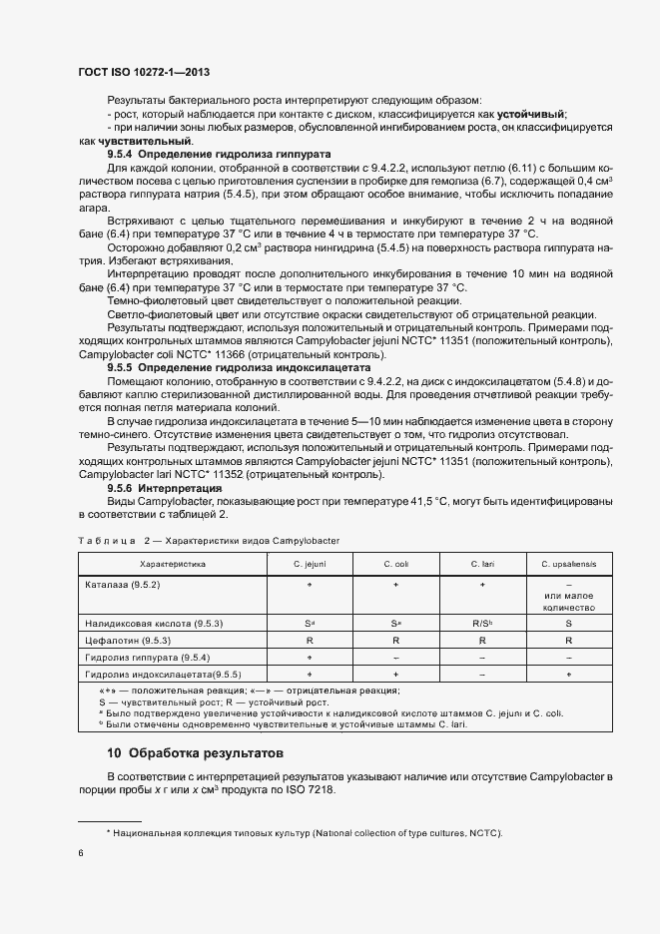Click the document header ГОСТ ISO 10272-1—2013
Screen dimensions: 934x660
click(x=143, y=73)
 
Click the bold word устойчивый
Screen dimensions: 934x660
click(x=532, y=115)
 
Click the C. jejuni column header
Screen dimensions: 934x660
click(x=310, y=564)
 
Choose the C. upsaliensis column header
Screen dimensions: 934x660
click(x=568, y=564)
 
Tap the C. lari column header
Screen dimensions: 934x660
click(x=482, y=564)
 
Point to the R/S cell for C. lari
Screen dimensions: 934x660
click(x=482, y=623)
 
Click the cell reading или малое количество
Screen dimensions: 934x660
click(x=568, y=601)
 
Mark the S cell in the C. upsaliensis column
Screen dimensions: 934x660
click(x=568, y=623)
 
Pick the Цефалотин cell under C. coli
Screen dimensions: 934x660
click(x=396, y=641)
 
